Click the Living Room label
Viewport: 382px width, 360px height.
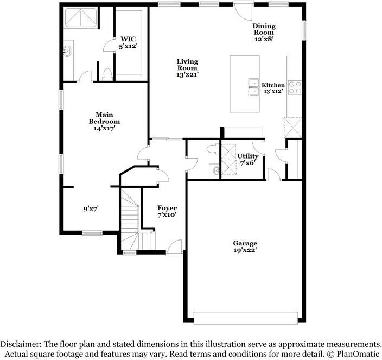(187, 68)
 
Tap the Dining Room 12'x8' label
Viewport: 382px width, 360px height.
(264, 33)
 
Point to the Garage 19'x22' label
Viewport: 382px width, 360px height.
(245, 247)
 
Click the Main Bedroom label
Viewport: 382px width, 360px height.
(104, 122)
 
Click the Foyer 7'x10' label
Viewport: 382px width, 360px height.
(167, 211)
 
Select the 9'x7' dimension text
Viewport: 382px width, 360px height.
(91, 209)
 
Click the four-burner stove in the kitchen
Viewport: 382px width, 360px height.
(295, 87)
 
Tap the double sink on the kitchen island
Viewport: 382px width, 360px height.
(253, 87)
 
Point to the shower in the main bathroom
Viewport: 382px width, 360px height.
(81, 17)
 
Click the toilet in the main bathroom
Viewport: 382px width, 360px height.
(107, 74)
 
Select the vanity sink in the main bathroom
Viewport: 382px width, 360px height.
(67, 52)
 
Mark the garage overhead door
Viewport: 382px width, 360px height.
(246, 318)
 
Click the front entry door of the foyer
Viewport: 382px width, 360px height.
(174, 248)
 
